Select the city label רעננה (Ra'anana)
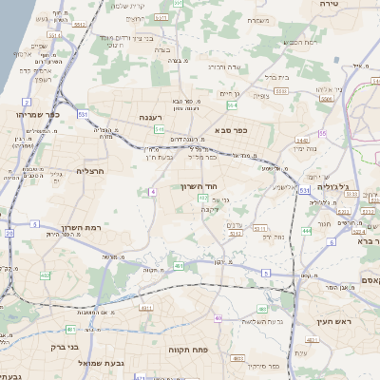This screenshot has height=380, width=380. click(152, 117)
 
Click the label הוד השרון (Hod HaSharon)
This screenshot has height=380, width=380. click(199, 187)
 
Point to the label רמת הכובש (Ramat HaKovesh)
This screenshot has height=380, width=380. click(284, 42)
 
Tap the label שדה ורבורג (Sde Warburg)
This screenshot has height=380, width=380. click(228, 67)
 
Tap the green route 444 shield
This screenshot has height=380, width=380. click(307, 230)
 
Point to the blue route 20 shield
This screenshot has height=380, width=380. click(9, 233)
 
